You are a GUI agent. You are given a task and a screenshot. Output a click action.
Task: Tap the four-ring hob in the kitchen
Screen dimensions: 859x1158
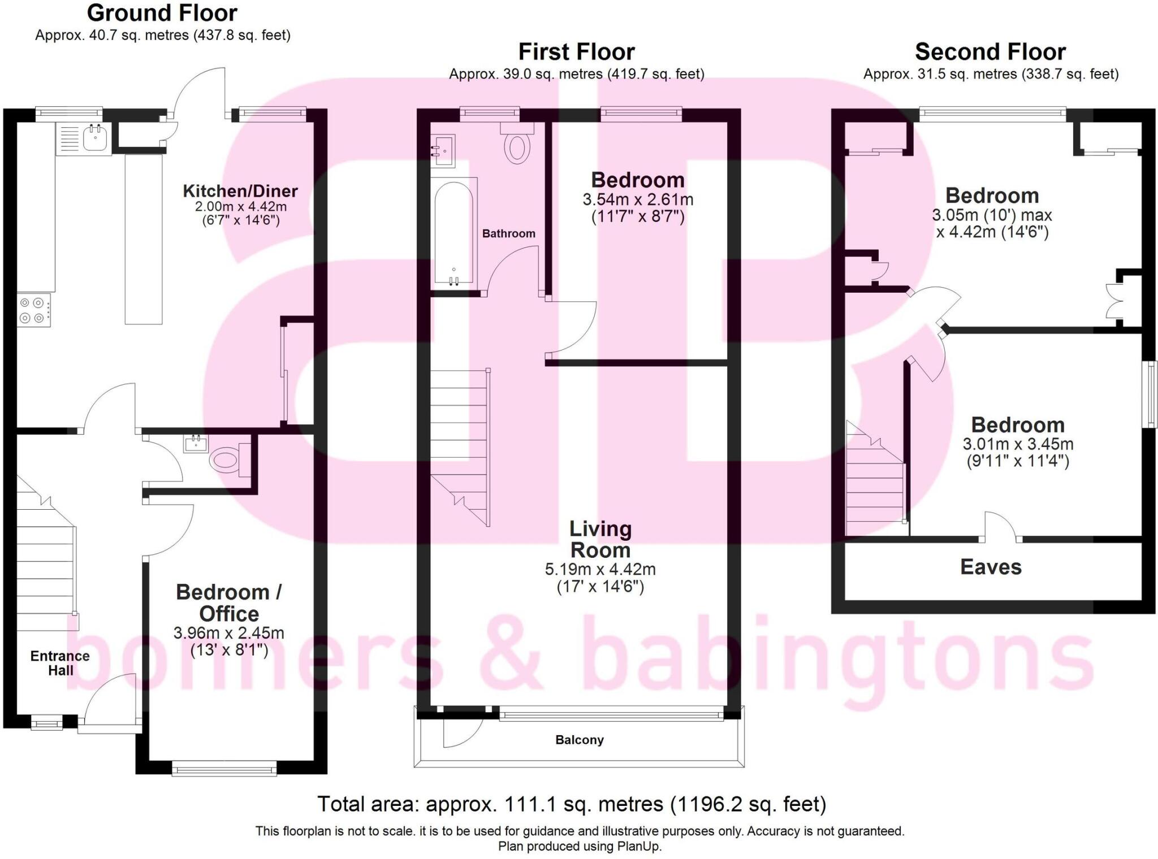(33, 310)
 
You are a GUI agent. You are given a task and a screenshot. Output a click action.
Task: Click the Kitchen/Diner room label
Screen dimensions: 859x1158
(240, 191)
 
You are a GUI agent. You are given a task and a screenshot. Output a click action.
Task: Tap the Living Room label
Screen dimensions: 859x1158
(600, 539)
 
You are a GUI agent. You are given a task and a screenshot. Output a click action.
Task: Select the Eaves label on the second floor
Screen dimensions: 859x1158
(991, 567)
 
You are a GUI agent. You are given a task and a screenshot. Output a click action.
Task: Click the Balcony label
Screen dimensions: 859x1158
(579, 740)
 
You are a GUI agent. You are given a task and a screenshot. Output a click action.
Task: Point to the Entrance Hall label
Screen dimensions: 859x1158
(60, 663)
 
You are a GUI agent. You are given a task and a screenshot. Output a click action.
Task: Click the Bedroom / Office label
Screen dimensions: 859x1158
(228, 602)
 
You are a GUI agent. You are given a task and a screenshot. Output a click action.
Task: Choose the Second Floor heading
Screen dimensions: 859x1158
(990, 52)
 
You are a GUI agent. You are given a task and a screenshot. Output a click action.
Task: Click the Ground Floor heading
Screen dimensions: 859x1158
(162, 12)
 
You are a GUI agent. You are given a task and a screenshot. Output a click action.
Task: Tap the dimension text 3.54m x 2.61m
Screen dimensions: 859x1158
(638, 199)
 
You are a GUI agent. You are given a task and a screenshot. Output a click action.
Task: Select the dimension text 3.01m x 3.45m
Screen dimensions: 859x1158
(1018, 444)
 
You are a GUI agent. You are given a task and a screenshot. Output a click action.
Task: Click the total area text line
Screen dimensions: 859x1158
(571, 804)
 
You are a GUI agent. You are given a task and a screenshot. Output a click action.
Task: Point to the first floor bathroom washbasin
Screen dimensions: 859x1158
(442, 151)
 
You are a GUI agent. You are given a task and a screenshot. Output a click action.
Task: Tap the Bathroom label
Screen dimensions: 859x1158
(508, 233)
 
